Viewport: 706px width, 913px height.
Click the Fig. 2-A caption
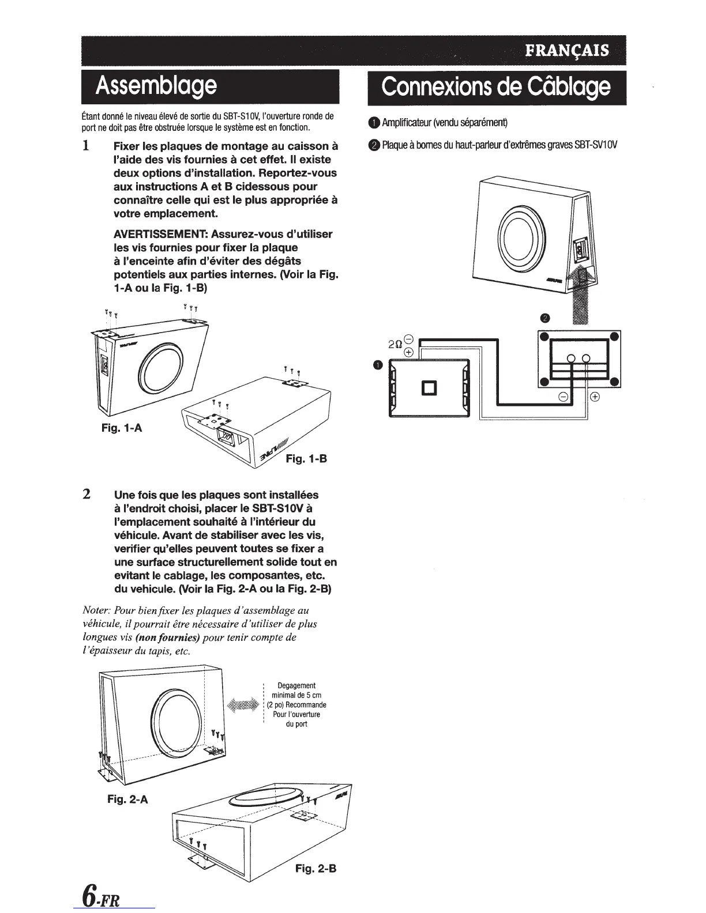tap(127, 799)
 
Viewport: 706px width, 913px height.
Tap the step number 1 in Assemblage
tap(85, 145)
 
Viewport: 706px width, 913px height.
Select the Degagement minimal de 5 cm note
tap(296, 704)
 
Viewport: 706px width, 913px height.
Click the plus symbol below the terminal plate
tap(595, 397)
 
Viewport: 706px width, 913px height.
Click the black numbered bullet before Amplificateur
tap(373, 122)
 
